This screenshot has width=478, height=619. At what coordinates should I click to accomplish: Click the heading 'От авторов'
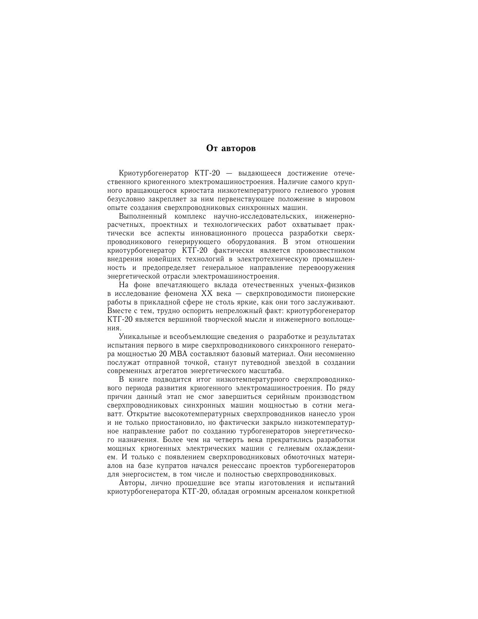[x=231, y=148]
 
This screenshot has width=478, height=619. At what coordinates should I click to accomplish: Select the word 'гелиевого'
[x=303, y=190]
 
